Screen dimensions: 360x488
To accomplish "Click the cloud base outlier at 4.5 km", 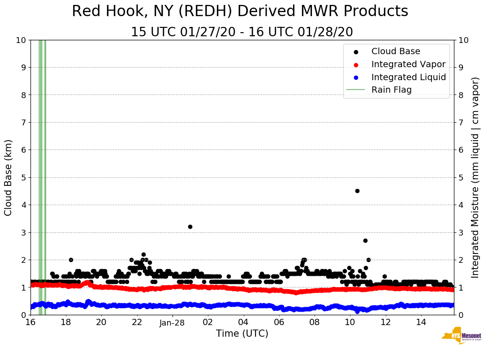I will click(357, 191).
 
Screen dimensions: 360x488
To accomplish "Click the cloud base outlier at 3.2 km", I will click(190, 227).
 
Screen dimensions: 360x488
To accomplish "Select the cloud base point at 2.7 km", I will click(365, 240).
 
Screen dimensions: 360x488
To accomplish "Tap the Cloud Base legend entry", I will click(396, 51).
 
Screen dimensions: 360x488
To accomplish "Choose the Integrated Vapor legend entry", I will click(408, 64).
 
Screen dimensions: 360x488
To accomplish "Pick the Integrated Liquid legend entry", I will click(408, 77).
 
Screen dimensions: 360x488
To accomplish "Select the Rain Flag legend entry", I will click(391, 90).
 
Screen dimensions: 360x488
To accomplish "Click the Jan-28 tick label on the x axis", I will click(173, 322).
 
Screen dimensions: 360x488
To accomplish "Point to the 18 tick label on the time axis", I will click(66, 322).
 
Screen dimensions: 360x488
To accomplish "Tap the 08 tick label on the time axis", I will click(315, 322).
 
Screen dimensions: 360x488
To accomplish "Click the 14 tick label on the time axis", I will click(421, 322).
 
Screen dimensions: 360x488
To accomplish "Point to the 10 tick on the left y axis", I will click(21, 40).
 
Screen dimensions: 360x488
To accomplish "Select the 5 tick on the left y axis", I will click(23, 177).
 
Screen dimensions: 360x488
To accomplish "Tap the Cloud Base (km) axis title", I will click(9, 177).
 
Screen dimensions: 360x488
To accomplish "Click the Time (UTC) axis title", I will click(242, 334).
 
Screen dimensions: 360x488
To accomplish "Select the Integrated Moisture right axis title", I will click(476, 177).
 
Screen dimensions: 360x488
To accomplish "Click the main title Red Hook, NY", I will click(240, 11).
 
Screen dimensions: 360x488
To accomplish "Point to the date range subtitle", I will click(242, 32).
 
